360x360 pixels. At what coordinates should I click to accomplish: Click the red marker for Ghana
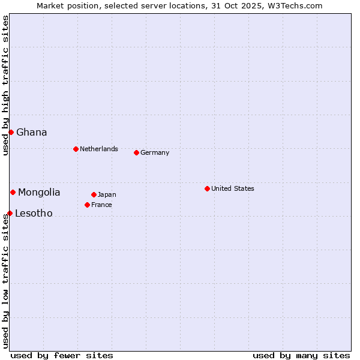point(11,132)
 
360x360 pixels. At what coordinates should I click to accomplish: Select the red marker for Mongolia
point(13,192)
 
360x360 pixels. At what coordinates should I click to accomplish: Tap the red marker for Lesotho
point(10,213)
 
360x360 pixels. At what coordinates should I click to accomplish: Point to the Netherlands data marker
point(76,149)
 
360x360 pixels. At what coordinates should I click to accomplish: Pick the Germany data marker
point(136,152)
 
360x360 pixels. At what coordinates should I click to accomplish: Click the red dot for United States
point(207,188)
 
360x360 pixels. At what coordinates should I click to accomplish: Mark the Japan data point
point(94,194)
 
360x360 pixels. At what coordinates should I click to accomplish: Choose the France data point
point(87,205)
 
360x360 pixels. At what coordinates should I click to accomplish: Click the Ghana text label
point(32,132)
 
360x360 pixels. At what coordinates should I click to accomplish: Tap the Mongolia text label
point(39,192)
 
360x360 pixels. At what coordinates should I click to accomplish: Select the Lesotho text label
point(34,213)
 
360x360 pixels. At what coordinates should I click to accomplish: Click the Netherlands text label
point(99,149)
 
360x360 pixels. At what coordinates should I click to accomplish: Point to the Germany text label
point(155,152)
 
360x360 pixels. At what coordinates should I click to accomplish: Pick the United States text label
point(233,188)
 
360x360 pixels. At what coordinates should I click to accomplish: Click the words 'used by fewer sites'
point(62,355)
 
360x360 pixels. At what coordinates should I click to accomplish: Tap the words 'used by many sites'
point(301,355)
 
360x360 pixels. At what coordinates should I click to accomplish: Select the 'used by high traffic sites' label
point(5,85)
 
